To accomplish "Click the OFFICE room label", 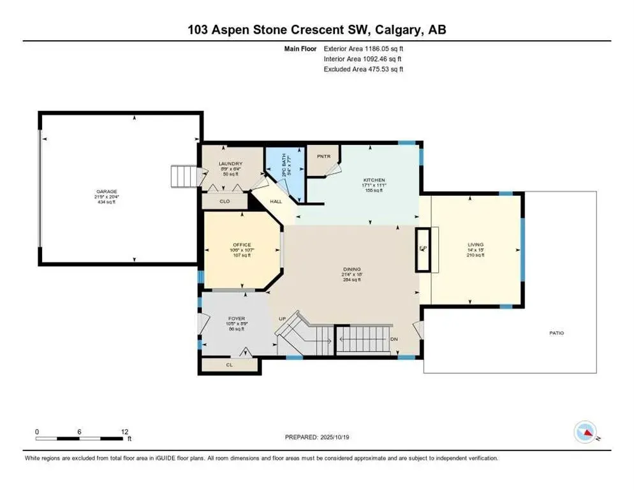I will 242,245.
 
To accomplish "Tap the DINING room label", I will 351,269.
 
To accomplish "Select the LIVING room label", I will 475,245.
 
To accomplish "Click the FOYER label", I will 237,318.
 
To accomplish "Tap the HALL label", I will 276,202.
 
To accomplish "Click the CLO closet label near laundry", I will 224,201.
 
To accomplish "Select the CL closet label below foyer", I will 229,366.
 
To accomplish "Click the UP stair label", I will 282,318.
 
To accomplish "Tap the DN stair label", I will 394,339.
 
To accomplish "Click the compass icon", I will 584,432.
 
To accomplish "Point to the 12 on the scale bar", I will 124,431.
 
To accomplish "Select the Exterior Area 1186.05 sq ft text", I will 364,48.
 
